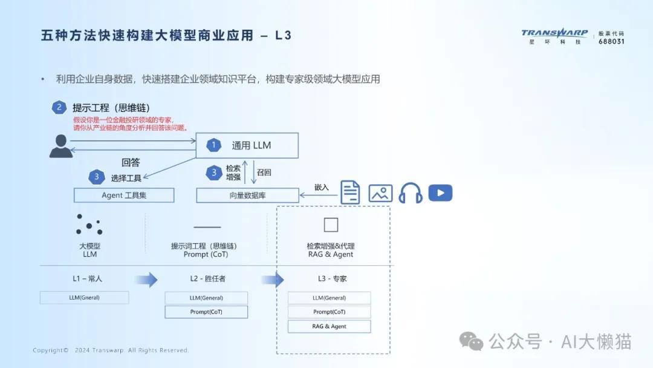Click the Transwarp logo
(554, 36)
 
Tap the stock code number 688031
(611, 41)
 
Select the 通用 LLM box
(247, 145)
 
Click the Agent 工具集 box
(124, 195)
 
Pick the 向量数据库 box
(247, 195)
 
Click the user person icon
(61, 146)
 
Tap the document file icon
(350, 192)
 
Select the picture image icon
(380, 193)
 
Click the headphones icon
(410, 193)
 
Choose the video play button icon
(440, 193)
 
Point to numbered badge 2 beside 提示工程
(59, 108)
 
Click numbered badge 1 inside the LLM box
(213, 145)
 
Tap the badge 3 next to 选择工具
(97, 177)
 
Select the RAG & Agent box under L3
(330, 326)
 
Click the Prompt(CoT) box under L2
(206, 312)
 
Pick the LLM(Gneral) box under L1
(84, 298)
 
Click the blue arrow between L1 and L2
(146, 280)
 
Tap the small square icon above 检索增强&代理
(331, 225)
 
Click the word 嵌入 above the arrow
(321, 188)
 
